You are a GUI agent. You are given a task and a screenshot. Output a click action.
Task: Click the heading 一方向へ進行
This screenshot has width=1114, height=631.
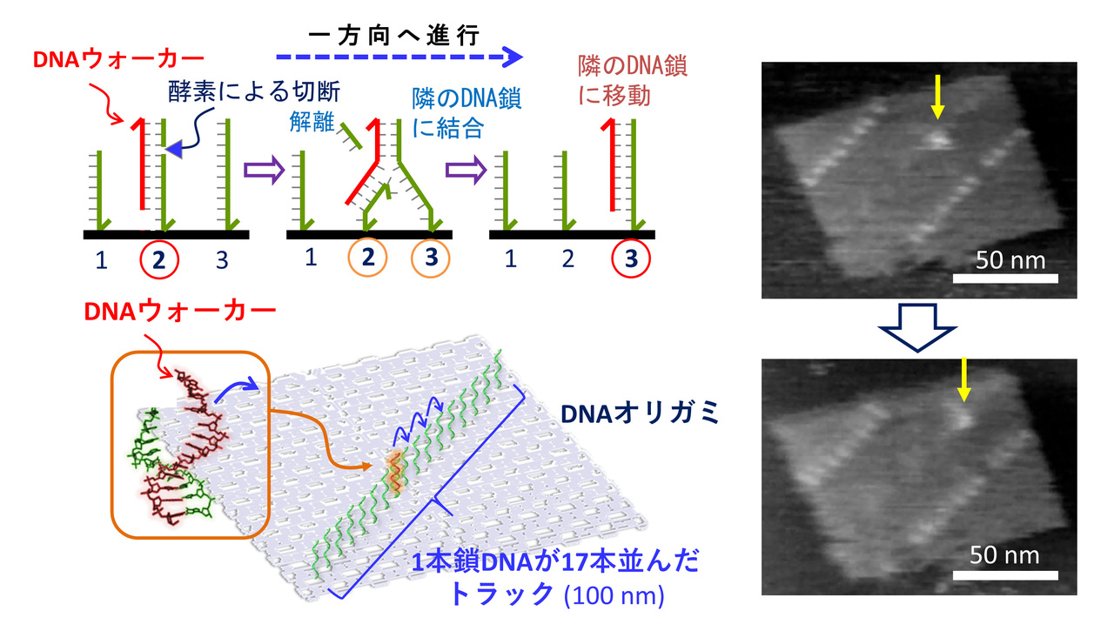pos(394,37)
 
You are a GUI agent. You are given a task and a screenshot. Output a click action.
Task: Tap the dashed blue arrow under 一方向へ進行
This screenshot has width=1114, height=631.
pos(399,57)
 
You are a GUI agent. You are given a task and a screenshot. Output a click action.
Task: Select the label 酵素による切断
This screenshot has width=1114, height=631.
pos(254,92)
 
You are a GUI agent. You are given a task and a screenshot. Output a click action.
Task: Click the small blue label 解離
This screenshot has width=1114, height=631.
pos(312,121)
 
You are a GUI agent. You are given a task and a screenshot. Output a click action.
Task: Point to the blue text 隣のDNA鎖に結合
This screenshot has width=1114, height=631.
pos(466,113)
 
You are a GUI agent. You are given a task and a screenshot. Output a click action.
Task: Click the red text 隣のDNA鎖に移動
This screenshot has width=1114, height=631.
pos(632,81)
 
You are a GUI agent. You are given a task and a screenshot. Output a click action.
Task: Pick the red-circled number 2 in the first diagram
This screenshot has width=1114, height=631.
pos(158,259)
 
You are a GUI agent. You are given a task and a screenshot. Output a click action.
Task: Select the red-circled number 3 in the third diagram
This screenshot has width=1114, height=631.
pos(631,258)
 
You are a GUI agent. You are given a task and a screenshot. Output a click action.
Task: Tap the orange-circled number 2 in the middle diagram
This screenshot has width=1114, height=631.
pos(367,257)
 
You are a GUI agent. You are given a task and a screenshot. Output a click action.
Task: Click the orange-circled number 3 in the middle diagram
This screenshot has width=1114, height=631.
pos(431,258)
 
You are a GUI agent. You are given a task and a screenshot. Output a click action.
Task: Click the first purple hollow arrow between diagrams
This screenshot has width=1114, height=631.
pos(264,170)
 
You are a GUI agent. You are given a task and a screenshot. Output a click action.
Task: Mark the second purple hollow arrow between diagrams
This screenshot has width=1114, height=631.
pos(466,170)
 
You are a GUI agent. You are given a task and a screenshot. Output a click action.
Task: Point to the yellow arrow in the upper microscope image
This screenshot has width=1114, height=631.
pos(937,97)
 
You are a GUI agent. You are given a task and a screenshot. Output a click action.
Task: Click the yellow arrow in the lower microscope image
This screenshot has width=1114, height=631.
pos(963,379)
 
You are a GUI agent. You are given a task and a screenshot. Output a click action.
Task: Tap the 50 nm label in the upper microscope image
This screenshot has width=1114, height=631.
pos(1010,260)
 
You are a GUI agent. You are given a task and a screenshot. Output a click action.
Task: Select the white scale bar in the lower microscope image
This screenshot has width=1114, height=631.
pos(1005,575)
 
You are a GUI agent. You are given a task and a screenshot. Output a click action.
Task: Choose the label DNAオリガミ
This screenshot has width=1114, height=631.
pos(640,413)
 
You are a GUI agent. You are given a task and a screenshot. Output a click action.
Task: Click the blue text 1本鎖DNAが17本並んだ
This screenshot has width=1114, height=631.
pos(555,561)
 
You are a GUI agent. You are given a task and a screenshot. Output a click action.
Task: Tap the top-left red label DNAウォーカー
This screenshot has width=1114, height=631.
pos(118,59)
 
